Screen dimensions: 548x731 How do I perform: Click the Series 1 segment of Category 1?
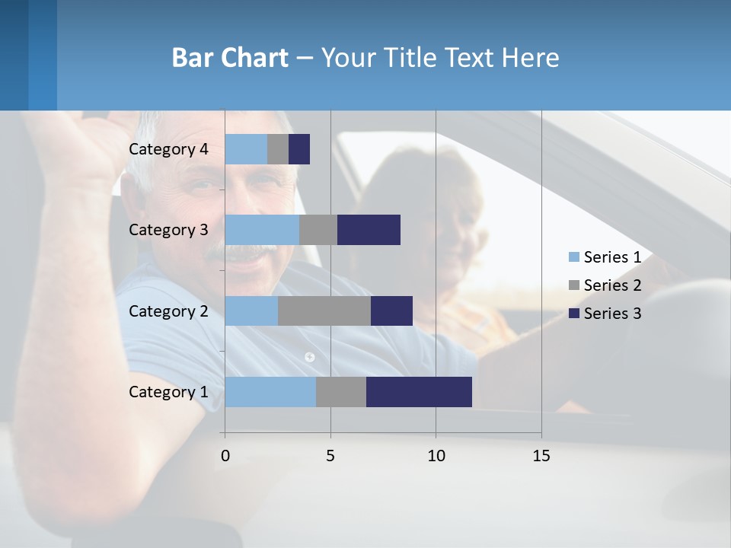click(x=270, y=392)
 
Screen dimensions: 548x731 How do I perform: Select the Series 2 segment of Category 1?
click(x=341, y=392)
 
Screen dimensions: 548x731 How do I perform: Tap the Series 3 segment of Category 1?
click(x=419, y=392)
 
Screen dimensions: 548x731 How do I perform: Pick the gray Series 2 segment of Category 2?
click(x=324, y=311)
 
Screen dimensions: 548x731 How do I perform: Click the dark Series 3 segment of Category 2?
click(x=391, y=311)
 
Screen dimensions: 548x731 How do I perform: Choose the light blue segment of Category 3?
click(x=262, y=230)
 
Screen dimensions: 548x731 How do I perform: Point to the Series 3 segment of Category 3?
click(x=369, y=230)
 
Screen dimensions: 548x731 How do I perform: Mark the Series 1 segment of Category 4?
click(x=246, y=149)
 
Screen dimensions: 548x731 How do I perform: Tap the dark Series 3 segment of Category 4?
click(x=299, y=149)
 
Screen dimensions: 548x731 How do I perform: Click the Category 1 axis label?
click(x=168, y=392)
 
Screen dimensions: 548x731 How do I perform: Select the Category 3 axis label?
click(x=168, y=230)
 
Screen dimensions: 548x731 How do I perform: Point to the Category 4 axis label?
click(x=168, y=149)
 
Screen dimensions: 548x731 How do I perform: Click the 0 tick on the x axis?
click(x=225, y=456)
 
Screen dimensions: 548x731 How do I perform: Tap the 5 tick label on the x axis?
click(x=330, y=456)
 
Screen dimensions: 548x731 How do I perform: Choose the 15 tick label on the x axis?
click(x=541, y=456)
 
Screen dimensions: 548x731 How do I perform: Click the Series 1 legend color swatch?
click(x=573, y=257)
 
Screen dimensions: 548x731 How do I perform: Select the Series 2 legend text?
click(x=612, y=285)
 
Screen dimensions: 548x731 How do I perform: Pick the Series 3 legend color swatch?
click(x=573, y=314)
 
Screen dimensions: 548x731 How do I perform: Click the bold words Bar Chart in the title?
click(x=229, y=58)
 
